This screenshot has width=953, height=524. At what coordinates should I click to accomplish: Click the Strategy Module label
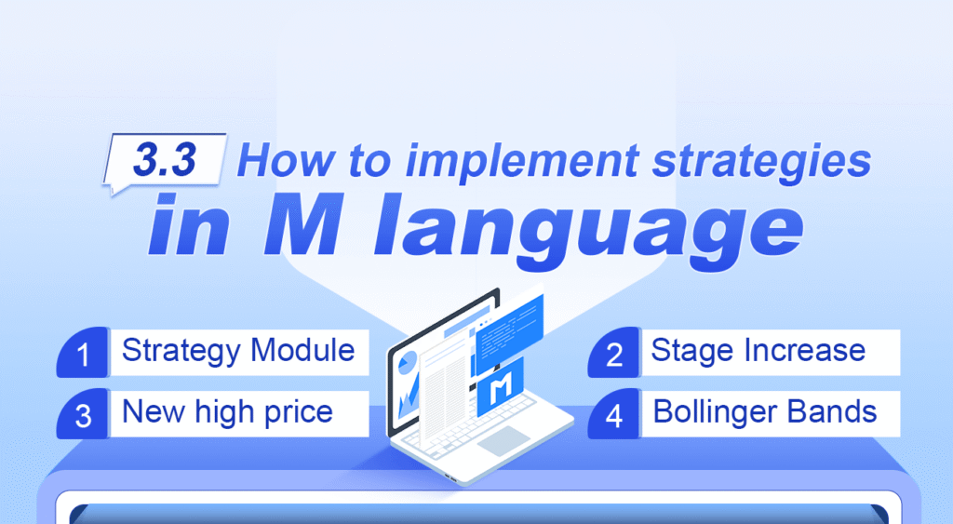238,351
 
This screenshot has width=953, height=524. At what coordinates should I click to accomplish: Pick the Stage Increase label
758,351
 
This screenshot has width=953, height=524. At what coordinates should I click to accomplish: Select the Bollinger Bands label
765,410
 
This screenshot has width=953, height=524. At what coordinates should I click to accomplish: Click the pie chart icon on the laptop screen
406,365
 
